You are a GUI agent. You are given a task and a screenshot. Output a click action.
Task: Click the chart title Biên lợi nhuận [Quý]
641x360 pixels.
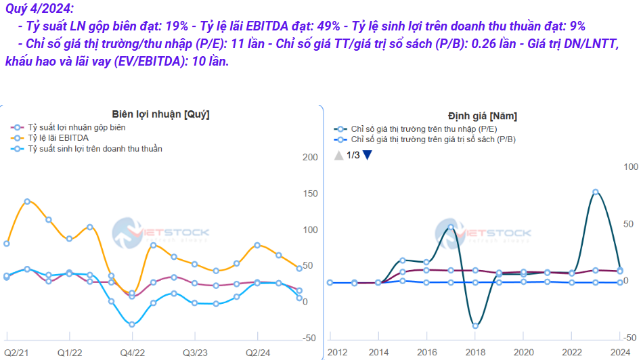click(160, 114)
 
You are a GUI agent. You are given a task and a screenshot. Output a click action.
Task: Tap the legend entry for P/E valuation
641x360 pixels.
click(419, 129)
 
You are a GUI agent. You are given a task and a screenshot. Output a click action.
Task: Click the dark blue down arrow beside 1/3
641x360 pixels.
click(367, 155)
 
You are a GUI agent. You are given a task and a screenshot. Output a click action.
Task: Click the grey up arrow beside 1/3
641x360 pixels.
click(338, 155)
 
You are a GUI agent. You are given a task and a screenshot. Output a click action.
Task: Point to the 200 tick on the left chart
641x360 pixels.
click(311, 158)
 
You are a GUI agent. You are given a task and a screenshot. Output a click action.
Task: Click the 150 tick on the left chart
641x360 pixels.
click(311, 194)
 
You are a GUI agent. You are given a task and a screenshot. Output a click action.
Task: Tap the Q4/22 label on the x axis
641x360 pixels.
click(132, 353)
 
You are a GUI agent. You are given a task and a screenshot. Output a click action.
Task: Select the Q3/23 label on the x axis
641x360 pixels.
click(195, 353)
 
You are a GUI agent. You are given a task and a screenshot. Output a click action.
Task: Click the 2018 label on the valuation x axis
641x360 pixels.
click(474, 353)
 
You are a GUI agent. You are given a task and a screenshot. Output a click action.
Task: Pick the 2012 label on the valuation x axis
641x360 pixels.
click(338, 353)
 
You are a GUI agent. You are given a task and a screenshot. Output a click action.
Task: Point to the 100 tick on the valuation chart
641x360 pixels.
click(629, 166)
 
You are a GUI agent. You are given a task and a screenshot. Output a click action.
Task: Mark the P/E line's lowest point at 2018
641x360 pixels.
click(475, 325)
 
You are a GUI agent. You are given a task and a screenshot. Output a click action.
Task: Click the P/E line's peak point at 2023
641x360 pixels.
click(596, 192)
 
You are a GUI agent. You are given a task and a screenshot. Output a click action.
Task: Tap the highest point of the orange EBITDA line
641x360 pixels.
click(27, 201)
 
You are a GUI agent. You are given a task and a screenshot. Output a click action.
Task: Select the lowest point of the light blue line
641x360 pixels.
click(132, 325)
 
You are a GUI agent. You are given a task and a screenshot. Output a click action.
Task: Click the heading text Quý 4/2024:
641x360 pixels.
click(39, 9)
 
